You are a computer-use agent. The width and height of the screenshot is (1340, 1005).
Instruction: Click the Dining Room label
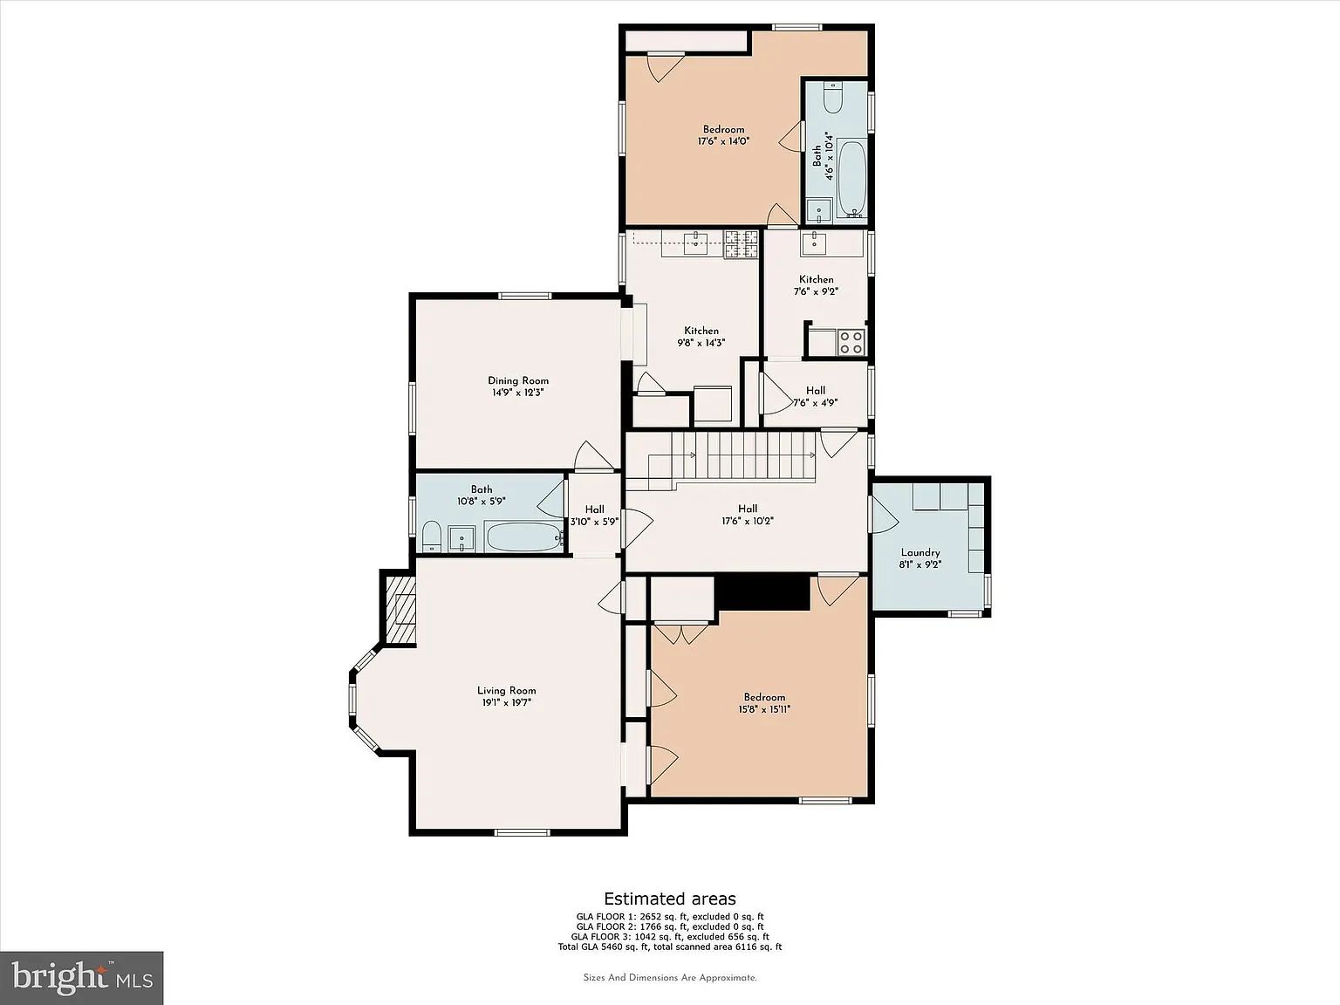point(517,380)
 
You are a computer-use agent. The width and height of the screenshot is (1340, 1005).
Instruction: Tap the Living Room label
point(507,691)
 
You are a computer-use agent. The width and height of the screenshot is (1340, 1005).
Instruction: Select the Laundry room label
point(920,552)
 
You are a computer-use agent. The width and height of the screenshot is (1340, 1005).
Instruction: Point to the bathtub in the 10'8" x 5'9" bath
point(524,537)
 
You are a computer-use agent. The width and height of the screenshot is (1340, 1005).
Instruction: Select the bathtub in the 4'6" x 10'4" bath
point(851,178)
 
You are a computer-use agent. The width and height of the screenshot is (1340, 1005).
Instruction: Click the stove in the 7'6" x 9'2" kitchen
point(851,342)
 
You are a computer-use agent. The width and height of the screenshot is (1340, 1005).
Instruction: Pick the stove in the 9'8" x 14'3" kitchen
point(742,244)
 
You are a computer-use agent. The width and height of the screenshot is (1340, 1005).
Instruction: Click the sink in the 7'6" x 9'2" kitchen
point(814,243)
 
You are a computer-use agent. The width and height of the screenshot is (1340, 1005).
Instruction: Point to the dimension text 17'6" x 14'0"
point(723,141)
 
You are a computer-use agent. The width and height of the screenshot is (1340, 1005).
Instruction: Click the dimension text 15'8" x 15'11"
point(763,709)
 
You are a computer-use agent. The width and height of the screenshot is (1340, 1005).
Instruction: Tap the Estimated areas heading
point(670,899)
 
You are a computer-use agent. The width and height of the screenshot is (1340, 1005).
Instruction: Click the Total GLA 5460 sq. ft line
point(670,947)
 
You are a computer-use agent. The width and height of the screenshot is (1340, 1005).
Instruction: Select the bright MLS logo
point(82,978)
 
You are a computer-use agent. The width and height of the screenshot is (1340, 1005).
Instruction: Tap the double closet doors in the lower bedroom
point(681,632)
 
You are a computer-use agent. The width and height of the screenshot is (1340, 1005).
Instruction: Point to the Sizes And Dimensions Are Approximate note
point(670,978)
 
